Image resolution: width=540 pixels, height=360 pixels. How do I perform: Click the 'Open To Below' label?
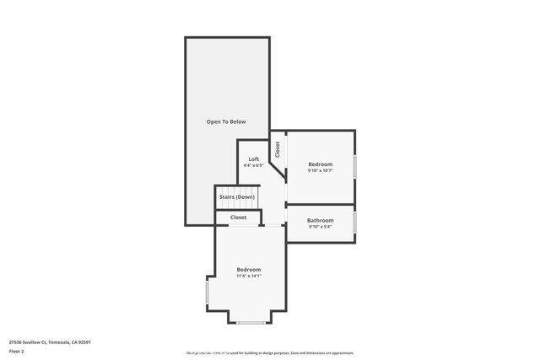[227, 122]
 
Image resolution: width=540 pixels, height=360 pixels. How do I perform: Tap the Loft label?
[253, 159]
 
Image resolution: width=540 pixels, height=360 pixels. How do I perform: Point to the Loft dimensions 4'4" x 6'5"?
[253, 166]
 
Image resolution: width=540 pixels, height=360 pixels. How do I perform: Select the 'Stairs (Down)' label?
[237, 197]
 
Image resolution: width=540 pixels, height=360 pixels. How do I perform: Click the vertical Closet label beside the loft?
[278, 149]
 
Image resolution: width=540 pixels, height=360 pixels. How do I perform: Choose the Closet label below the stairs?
[239, 218]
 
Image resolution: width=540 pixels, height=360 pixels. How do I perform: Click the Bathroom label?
[320, 221]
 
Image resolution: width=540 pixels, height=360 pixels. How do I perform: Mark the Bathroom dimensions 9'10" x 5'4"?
[320, 227]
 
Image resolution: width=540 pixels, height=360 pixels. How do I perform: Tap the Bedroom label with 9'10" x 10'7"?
[320, 164]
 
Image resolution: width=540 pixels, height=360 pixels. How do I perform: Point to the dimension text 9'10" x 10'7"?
[320, 171]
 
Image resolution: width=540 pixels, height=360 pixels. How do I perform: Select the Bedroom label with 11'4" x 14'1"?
[249, 270]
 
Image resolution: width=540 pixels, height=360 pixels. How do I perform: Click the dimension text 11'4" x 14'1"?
[249, 277]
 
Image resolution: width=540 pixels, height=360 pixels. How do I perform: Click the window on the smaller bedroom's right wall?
[354, 166]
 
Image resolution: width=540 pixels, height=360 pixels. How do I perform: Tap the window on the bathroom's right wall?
[354, 223]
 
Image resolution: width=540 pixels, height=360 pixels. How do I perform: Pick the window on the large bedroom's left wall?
[208, 293]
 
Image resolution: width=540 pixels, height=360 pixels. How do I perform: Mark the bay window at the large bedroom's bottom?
[250, 322]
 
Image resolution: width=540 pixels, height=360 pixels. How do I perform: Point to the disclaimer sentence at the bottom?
[270, 353]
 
